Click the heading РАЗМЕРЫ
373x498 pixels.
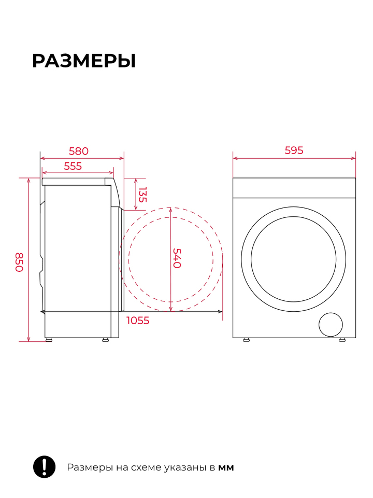[84, 61]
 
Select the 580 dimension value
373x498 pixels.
[79, 151]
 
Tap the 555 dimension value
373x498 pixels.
[73, 166]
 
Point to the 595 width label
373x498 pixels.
[294, 150]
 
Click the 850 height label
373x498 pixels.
[19, 262]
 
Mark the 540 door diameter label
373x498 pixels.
[177, 258]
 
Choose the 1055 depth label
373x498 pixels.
[138, 321]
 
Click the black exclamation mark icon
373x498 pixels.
[45, 466]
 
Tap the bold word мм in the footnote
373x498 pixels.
[226, 468]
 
